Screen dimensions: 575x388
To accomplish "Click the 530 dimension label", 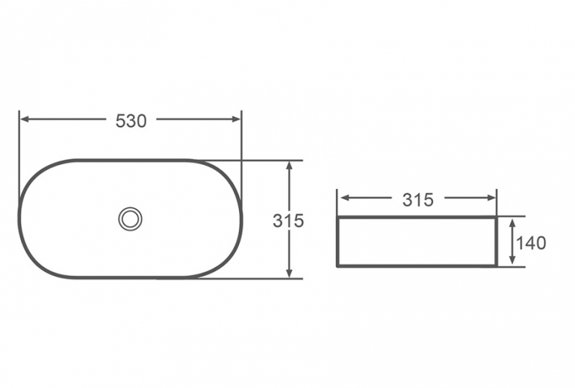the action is (x=131, y=121).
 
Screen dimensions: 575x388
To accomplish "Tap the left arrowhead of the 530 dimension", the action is (x=25, y=119).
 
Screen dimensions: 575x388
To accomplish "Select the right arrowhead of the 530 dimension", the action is (x=237, y=119).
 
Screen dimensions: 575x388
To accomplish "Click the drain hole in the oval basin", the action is (x=130, y=219).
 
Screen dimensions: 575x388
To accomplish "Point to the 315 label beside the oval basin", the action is (x=288, y=221).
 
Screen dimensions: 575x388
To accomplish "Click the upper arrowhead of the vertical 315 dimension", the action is (x=289, y=166).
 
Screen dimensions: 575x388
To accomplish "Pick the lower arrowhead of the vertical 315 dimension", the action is (x=289, y=273).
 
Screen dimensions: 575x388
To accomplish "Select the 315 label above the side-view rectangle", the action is (x=418, y=200).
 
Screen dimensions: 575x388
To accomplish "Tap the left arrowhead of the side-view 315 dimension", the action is (x=346, y=198).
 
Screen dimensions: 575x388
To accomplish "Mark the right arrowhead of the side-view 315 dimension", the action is (x=491, y=198).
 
